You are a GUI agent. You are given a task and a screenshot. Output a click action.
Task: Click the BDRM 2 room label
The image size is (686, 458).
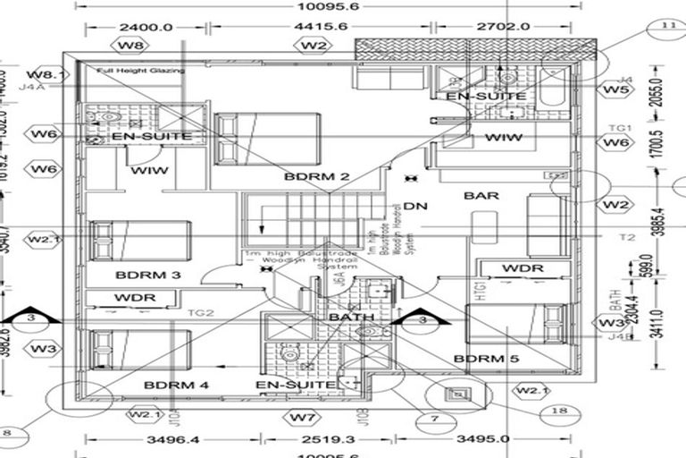[x=316, y=176]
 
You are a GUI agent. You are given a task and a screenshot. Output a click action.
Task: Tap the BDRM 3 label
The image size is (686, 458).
[x=148, y=275]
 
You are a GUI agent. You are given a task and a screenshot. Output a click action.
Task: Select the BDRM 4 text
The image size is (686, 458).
[x=176, y=385]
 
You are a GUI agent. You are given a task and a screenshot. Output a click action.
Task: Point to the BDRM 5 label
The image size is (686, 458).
[x=487, y=359]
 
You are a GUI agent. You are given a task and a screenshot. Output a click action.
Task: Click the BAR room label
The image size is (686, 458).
[x=481, y=195]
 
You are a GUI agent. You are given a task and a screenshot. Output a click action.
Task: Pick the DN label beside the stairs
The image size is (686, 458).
[x=415, y=206]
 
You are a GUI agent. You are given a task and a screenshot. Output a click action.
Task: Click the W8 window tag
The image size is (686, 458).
[x=132, y=44]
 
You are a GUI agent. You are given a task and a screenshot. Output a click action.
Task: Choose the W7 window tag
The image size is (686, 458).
[x=304, y=417]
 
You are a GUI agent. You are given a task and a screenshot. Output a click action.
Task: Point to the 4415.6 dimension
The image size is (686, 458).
[x=314, y=27]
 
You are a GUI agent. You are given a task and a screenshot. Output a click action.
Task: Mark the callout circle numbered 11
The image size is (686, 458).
[x=667, y=25]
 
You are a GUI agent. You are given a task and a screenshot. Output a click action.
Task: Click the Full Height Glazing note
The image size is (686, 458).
[x=141, y=70]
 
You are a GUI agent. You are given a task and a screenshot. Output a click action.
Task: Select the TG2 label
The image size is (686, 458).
[x=202, y=313]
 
